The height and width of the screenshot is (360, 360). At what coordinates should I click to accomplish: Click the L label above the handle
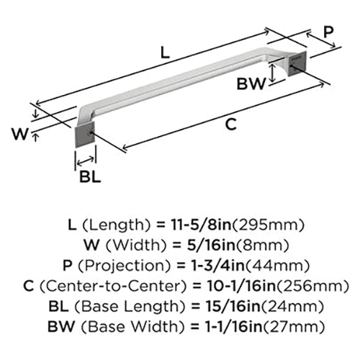click(165, 53)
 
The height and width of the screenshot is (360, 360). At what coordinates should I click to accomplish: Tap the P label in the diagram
click(328, 32)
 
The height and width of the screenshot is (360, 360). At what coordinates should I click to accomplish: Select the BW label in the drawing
click(251, 84)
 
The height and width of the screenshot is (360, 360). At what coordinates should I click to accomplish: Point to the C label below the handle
click(231, 125)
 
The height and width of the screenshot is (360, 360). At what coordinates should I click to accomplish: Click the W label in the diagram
click(20, 134)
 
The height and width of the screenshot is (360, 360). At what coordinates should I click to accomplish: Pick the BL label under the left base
click(90, 177)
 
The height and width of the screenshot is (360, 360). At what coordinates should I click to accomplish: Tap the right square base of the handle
click(297, 63)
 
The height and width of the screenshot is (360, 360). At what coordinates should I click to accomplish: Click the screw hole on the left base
click(91, 133)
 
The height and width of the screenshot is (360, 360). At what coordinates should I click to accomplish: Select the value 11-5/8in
click(201, 225)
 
